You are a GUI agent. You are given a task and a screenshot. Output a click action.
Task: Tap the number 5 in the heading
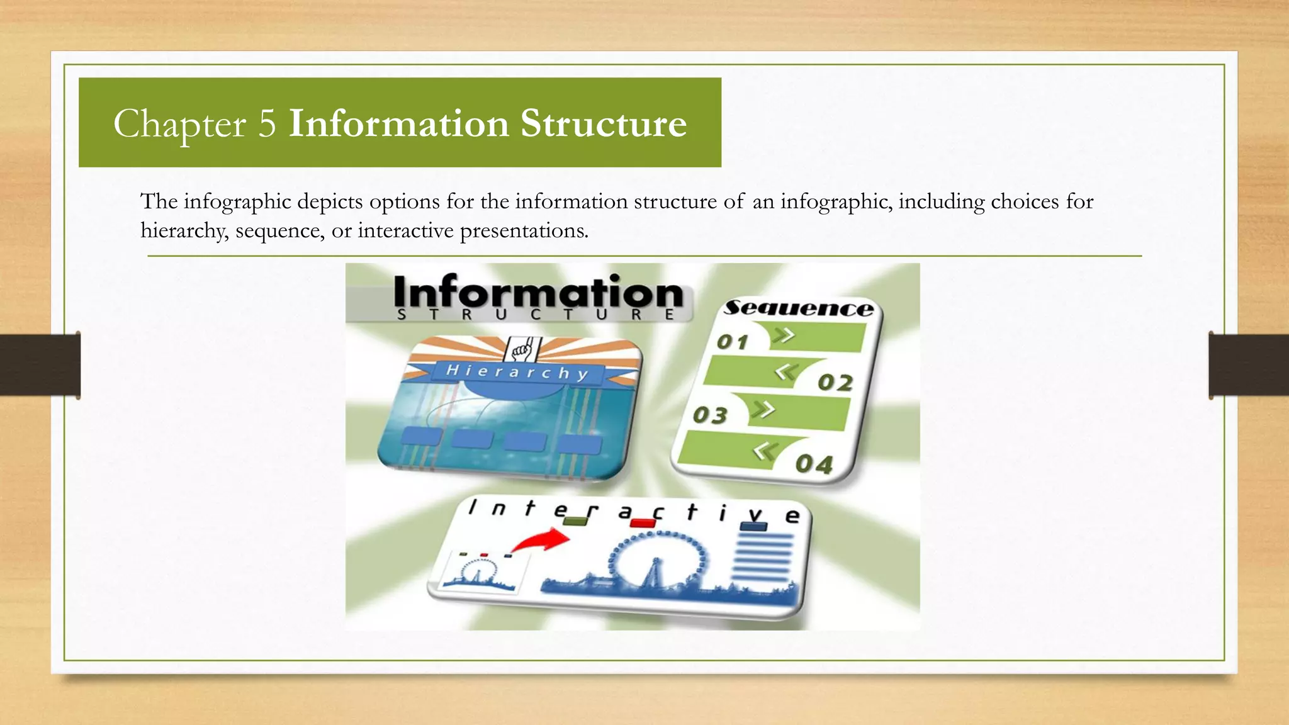click(267, 123)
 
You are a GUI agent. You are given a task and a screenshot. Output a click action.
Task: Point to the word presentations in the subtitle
click(524, 231)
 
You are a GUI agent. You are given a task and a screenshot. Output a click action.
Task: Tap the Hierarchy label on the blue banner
click(517, 372)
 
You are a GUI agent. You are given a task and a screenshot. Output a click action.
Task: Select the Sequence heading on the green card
click(798, 308)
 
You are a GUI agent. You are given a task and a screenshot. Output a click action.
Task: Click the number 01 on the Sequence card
click(733, 342)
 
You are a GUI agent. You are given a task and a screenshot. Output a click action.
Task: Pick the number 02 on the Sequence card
click(835, 383)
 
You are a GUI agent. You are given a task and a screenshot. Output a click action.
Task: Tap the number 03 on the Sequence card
click(710, 415)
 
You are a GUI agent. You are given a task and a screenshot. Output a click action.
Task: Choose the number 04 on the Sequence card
click(814, 464)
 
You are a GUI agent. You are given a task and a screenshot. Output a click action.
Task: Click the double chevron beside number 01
click(784, 335)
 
